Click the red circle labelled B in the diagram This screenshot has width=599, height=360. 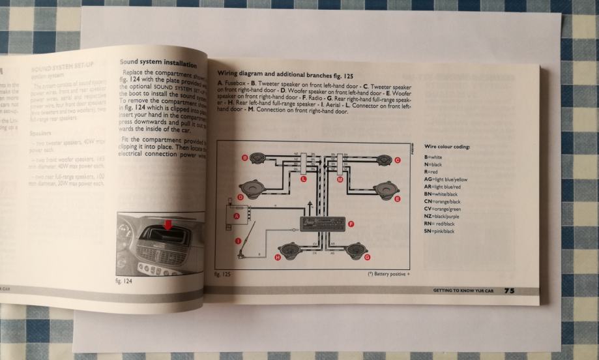244,158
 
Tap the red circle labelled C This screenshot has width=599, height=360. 398,160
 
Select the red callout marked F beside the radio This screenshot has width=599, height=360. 351,224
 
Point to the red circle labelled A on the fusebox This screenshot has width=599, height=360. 237,215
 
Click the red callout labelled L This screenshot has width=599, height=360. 304,178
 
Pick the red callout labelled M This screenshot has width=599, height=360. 340,178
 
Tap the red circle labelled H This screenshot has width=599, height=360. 278,258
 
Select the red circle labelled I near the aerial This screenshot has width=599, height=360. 238,242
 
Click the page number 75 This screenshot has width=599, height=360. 508,291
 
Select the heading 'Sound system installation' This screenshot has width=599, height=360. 158,63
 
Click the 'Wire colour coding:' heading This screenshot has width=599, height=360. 446,147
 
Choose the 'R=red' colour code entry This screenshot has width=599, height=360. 431,172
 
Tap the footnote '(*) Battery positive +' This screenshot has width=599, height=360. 389,275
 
